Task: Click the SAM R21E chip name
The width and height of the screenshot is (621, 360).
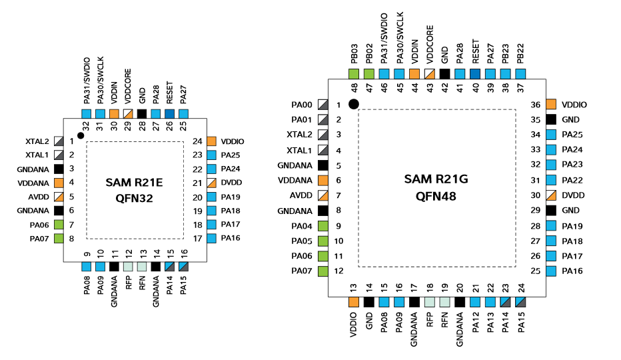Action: pos(134,183)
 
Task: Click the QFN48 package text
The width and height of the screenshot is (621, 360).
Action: pos(436,196)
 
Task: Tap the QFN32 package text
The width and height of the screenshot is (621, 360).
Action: pos(134,198)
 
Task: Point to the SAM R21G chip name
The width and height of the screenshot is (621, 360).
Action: pos(436,179)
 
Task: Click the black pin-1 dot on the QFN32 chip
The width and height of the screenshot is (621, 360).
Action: pos(81,136)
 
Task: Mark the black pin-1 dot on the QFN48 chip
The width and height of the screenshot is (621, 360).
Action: pos(354,103)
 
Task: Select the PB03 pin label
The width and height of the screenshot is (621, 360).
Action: pos(354,53)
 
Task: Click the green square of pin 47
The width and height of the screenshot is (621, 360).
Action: pos(369,74)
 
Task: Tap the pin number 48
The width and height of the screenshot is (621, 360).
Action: pos(354,87)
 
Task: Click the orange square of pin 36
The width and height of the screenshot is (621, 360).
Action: pos(551,105)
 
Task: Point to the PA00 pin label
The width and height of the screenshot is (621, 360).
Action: pos(301,105)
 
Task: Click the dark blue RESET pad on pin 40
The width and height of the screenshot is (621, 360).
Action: pos(476,74)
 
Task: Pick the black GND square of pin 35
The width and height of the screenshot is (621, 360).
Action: pos(551,119)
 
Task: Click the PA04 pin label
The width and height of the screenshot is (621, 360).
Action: pos(301,226)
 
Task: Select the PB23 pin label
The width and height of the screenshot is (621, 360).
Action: pos(506,53)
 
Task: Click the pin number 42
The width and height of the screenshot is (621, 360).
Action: pos(445,87)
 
